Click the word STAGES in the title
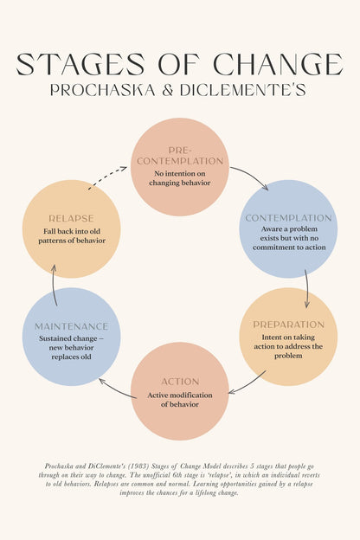tap(80, 64)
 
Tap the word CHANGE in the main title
tap(279, 64)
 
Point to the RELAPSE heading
tap(71, 218)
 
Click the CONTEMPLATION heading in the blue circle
tap(288, 218)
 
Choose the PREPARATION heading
tap(289, 325)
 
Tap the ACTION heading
tap(180, 382)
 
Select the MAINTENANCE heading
tap(71, 326)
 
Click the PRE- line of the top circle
tap(180, 151)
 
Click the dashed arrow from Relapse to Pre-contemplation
tap(106, 177)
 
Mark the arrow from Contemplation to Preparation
tap(307, 288)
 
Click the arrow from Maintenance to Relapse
tap(54, 286)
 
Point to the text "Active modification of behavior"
tap(180, 400)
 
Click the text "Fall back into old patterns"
tap(72, 236)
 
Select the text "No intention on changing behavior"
tap(180, 178)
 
